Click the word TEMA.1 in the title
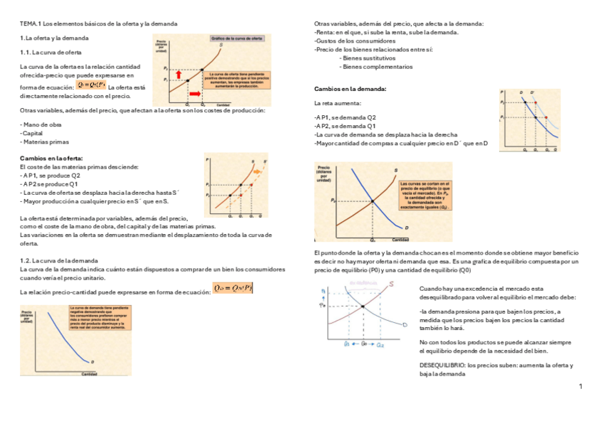(31, 24)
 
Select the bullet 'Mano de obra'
(43, 124)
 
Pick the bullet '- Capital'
(32, 133)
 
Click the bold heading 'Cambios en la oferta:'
(51, 158)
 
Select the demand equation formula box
(233, 288)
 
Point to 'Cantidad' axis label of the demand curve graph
(89, 374)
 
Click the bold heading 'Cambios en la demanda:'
(350, 89)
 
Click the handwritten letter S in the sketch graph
(393, 285)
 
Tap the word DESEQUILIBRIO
(443, 365)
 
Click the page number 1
(580, 386)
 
